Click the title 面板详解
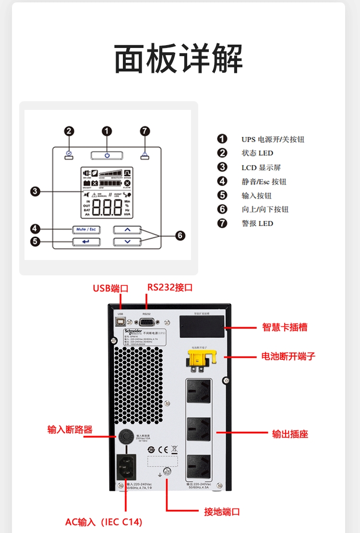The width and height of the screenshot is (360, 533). click(x=179, y=59)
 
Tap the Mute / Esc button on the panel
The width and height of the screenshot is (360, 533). click(x=86, y=229)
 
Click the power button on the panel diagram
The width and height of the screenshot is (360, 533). click(x=107, y=155)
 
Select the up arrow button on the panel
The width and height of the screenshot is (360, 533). click(x=127, y=229)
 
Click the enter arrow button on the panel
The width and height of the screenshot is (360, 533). click(x=86, y=241)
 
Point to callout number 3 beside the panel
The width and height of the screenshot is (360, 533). click(x=35, y=191)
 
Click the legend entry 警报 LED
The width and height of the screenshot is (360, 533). click(x=257, y=223)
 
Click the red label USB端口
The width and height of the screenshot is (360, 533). click(x=111, y=288)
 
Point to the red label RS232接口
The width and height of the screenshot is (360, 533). click(x=170, y=287)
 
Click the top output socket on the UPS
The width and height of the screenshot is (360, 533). click(x=199, y=392)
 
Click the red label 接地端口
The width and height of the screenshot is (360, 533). click(x=222, y=511)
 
